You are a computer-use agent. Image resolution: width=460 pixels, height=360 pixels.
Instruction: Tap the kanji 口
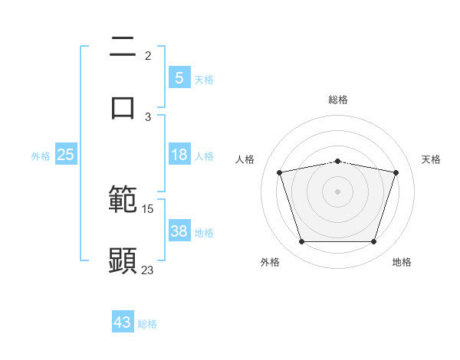123,106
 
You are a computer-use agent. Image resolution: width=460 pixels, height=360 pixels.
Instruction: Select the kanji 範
123,201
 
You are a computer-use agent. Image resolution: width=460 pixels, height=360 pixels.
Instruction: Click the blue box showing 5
179,77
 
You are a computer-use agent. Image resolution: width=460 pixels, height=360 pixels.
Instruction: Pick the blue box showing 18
179,155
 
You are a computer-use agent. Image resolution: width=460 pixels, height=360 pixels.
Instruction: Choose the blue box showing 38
179,231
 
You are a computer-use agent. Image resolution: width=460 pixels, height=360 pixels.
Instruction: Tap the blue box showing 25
66,155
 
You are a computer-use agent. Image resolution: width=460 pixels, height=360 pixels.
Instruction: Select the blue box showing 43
123,322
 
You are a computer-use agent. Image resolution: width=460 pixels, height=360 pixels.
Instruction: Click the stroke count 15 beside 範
148,208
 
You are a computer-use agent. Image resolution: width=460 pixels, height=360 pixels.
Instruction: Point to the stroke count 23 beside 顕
148,270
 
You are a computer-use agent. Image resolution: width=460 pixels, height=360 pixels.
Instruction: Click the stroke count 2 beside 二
148,55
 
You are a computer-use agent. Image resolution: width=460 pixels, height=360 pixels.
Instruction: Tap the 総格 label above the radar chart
338,100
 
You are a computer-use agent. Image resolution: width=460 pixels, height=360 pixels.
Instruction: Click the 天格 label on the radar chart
432,159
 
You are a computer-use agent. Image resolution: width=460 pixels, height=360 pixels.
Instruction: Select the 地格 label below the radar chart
402,262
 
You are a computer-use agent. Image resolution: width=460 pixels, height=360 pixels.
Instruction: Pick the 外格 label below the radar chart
270,262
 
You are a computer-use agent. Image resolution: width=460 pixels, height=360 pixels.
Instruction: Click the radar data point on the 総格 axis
338,161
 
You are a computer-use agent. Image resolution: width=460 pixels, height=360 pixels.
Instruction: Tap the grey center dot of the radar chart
338,191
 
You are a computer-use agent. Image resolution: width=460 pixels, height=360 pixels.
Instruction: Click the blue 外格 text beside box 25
41,155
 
